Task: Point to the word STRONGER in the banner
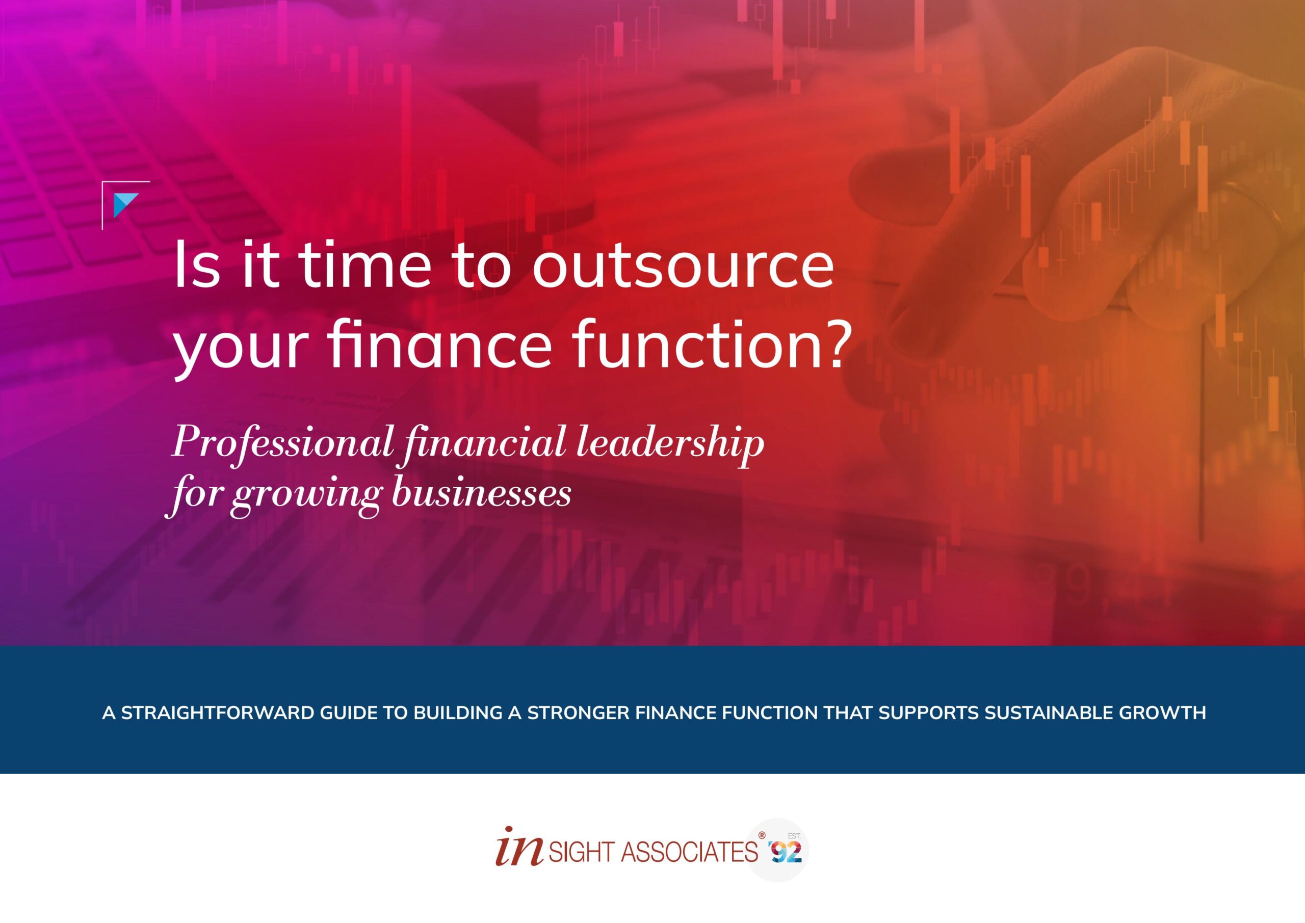pos(578,713)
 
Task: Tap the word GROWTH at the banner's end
pos(1162,713)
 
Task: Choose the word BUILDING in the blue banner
pos(458,713)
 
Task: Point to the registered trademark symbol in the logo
pos(762,835)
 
